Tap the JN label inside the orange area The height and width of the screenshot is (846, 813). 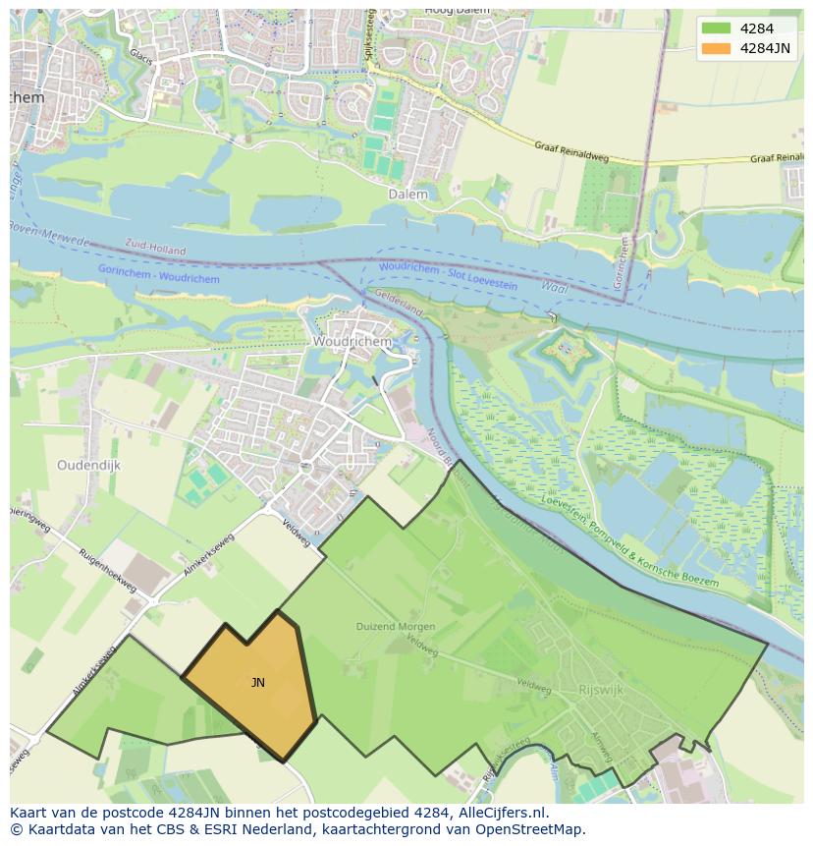(257, 683)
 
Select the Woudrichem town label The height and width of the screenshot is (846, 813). (352, 342)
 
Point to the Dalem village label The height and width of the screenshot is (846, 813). (407, 195)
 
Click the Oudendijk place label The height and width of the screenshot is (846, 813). (88, 466)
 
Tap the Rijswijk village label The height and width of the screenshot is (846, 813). (601, 690)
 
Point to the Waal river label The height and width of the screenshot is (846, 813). (555, 286)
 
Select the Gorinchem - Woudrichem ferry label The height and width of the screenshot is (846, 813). (159, 274)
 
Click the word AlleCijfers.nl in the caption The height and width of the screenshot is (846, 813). (496, 814)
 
